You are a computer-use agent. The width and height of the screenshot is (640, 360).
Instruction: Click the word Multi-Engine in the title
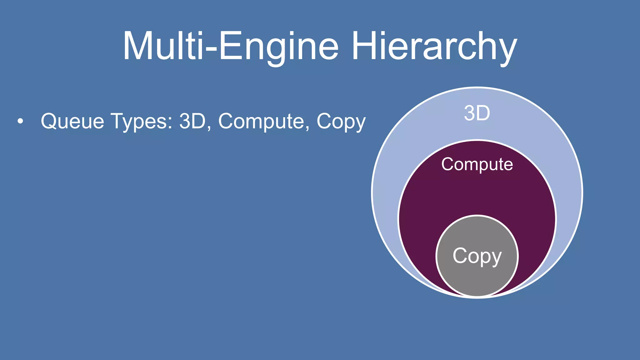point(231,46)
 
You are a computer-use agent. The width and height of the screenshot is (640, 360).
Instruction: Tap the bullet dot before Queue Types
point(20,121)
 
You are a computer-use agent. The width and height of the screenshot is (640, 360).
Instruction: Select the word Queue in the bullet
point(72,121)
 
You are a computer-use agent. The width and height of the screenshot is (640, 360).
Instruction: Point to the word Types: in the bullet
point(142,122)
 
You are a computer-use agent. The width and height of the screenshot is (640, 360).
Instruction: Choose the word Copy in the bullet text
point(341,122)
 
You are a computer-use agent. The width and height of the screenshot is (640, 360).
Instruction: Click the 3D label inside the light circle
point(477,113)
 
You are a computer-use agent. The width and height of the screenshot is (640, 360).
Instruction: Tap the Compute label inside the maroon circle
point(477,165)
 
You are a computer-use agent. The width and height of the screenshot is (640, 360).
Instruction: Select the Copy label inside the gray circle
point(477,256)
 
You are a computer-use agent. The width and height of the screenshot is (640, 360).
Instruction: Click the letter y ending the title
point(507,50)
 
